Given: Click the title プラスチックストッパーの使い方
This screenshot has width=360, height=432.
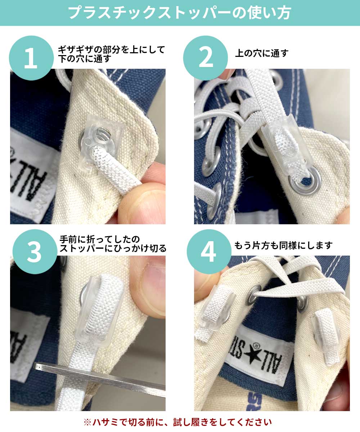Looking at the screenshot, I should click(x=180, y=13).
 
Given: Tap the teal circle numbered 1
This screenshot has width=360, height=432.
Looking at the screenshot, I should click(x=31, y=58).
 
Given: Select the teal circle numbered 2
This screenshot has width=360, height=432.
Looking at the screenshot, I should click(x=206, y=58).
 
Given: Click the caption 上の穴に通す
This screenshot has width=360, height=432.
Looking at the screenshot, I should click(x=262, y=54).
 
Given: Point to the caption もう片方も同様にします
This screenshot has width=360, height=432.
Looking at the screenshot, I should click(x=283, y=246).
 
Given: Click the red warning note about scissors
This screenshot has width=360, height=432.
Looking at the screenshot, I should click(x=180, y=422).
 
